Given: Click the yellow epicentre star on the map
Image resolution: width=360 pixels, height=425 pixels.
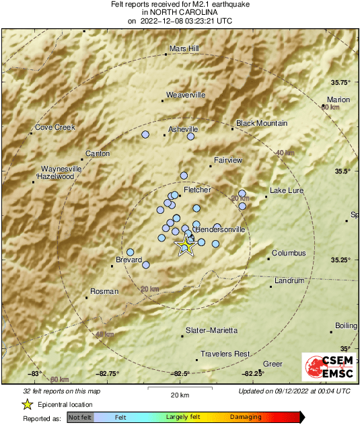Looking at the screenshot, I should (185, 246).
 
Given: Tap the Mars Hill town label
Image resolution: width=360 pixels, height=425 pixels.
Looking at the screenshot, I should (184, 48).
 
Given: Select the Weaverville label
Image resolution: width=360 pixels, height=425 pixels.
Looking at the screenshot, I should (185, 95).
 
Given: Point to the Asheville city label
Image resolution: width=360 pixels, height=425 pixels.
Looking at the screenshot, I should (183, 129).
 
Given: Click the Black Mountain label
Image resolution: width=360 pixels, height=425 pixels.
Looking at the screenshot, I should (262, 123).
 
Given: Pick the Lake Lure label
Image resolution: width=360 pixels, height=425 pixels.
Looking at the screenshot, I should (287, 191).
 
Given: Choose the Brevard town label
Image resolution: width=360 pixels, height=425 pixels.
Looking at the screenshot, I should (129, 260).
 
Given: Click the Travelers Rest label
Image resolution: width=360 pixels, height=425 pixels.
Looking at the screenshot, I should (225, 354).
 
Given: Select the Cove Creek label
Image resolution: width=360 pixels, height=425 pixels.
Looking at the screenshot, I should (55, 127).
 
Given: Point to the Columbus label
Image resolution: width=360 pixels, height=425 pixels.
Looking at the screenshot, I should (289, 253).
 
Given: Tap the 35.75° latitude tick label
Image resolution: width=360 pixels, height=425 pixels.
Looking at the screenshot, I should (341, 83).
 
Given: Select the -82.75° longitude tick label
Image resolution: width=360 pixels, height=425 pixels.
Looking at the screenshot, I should (108, 374).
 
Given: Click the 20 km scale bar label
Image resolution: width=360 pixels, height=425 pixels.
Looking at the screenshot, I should (180, 394).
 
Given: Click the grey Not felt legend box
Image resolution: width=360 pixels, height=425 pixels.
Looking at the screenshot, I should (79, 418).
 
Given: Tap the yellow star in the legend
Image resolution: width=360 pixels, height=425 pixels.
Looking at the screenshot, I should (27, 404).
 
